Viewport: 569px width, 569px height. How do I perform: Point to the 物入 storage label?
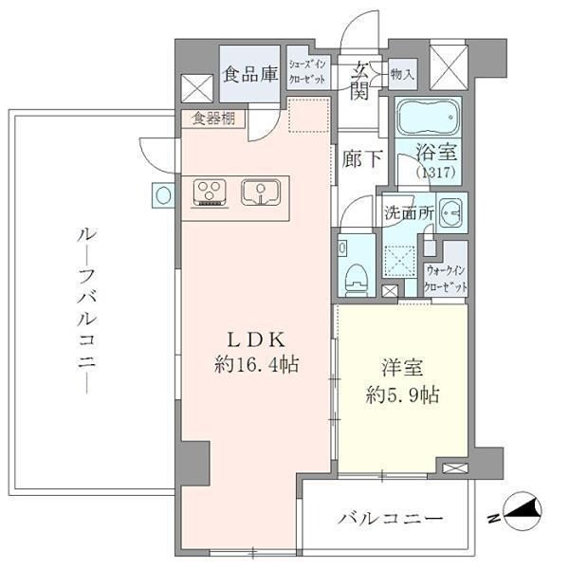coord(402,73)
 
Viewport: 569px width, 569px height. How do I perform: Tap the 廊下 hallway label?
coord(362,160)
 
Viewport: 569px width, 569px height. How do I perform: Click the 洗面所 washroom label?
coord(409,213)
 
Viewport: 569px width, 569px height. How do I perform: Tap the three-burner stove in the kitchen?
coord(210,193)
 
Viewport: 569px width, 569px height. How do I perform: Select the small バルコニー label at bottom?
coord(391,519)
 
